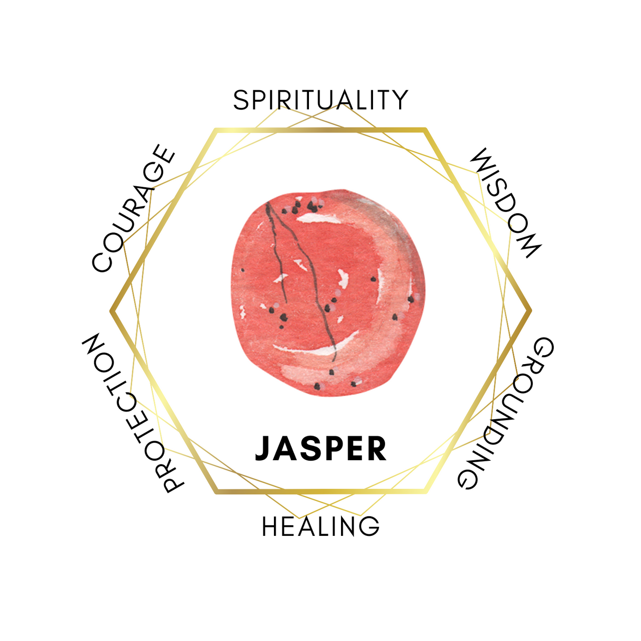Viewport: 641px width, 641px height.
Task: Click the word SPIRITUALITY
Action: (320, 100)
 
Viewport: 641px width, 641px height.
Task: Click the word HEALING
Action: (320, 526)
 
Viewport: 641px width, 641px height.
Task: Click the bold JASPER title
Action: (320, 448)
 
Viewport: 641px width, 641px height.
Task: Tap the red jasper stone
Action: (328, 293)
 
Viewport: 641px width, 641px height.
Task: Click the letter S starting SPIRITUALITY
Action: (241, 100)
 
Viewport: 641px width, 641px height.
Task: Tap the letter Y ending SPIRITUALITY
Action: (400, 100)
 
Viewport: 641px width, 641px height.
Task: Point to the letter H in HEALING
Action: (270, 526)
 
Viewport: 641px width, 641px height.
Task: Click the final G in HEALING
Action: (370, 526)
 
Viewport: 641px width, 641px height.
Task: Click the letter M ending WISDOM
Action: (528, 245)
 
